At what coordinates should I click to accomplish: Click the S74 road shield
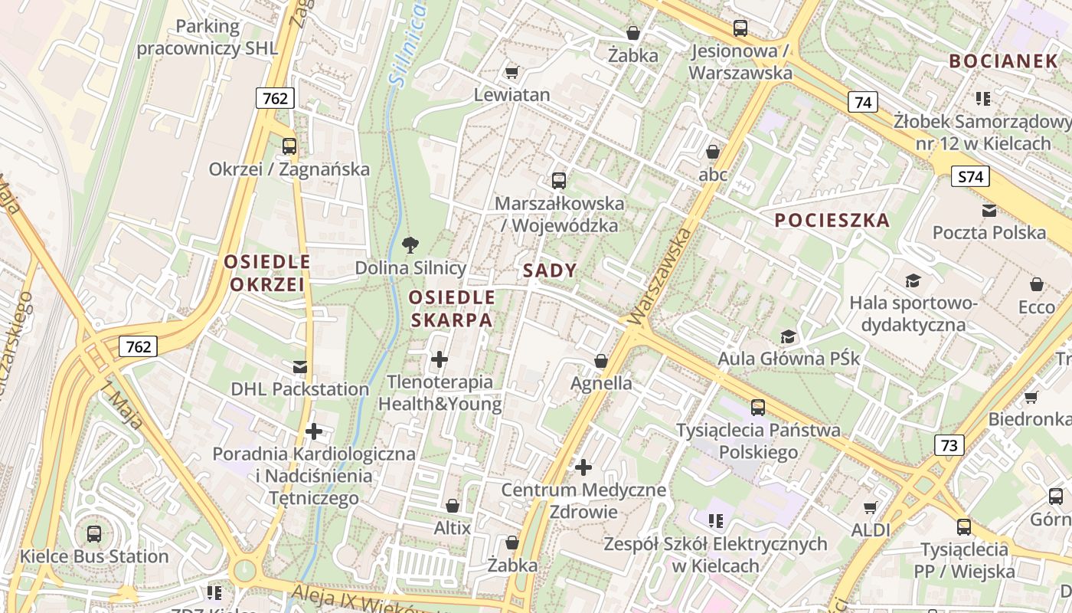tap(970, 177)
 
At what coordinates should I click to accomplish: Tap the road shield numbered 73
tap(949, 444)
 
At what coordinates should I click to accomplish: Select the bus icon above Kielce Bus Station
tap(94, 533)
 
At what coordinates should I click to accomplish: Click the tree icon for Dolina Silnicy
tap(410, 245)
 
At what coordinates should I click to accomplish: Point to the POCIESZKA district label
tap(832, 221)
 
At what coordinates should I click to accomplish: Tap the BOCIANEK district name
tap(1002, 61)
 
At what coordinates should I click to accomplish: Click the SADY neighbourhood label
tap(550, 271)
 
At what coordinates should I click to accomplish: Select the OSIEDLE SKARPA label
tap(451, 309)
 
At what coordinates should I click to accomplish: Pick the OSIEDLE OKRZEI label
tap(267, 273)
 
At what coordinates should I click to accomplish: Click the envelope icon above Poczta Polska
tap(989, 211)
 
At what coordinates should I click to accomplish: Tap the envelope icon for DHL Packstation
tap(299, 367)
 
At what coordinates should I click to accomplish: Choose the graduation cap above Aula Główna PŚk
tap(788, 336)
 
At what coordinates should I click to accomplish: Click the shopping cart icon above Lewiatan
tap(511, 73)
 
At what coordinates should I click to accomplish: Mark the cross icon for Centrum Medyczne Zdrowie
tap(583, 467)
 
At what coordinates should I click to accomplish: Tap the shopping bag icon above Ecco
tap(1036, 284)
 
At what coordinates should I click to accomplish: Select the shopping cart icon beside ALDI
tap(870, 507)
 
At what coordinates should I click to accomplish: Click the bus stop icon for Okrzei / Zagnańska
tap(289, 146)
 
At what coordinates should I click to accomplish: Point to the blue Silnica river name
tap(408, 42)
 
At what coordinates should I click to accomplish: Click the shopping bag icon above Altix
tap(453, 506)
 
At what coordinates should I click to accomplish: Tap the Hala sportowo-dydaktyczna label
tap(913, 313)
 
